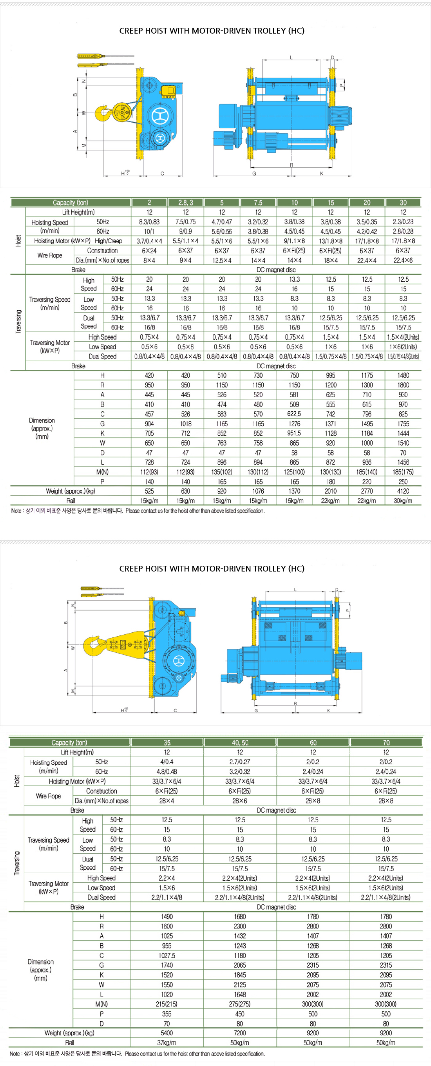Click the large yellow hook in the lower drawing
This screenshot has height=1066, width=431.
click(x=93, y=646)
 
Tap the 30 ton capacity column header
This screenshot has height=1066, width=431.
click(x=403, y=203)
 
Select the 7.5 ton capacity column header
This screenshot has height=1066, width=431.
click(x=258, y=203)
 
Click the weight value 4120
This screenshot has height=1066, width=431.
click(x=403, y=491)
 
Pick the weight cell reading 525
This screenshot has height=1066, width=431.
click(x=149, y=491)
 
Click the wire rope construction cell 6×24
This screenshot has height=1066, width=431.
click(x=149, y=251)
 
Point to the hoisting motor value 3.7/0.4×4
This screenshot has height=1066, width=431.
click(x=149, y=241)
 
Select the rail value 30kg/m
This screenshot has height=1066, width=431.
click(x=403, y=501)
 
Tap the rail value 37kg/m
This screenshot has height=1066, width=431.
click(x=167, y=1042)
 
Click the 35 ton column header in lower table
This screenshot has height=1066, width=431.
click(x=167, y=742)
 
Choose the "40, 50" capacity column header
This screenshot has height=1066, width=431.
click(x=240, y=742)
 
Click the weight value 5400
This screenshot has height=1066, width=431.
click(x=167, y=1033)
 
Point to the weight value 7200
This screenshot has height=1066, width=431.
click(x=240, y=1033)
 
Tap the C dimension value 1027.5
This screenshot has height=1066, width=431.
click(x=167, y=956)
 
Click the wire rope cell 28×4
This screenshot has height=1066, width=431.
click(x=167, y=801)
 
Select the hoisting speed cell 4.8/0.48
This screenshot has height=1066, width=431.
click(x=167, y=772)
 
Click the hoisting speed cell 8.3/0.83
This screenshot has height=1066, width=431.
click(x=149, y=222)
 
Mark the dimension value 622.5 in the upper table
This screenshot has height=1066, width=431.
click(x=294, y=414)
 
